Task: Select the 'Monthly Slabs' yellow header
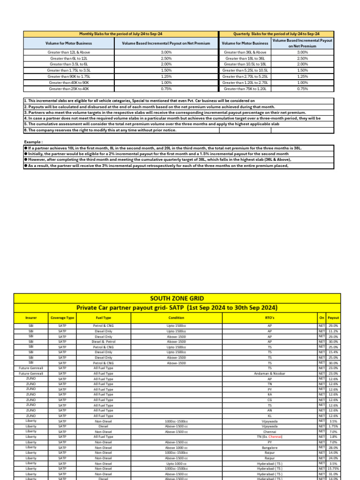(x=120, y=34)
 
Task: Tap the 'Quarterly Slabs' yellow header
(x=276, y=34)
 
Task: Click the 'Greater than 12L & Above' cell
(x=69, y=52)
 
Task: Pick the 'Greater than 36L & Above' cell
(x=245, y=52)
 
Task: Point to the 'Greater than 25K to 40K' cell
(x=69, y=88)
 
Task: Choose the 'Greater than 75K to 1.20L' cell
(x=245, y=88)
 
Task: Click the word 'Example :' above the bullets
(x=35, y=142)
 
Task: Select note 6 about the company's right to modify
(x=100, y=130)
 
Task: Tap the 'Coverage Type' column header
(x=62, y=317)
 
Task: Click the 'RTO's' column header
(x=270, y=317)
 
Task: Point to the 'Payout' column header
(x=333, y=317)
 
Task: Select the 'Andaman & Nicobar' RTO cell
(x=270, y=374)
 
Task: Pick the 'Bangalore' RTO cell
(x=270, y=448)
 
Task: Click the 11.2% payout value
(x=333, y=331)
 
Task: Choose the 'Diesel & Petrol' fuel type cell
(x=103, y=342)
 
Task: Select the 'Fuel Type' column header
(x=103, y=317)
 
